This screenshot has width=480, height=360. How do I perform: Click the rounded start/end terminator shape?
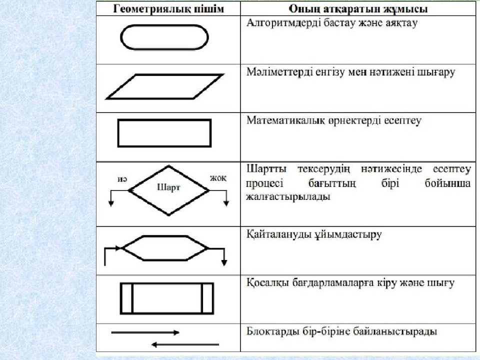click(x=164, y=25)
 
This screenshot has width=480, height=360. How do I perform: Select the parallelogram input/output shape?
click(x=164, y=74)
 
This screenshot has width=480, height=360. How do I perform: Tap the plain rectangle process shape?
click(x=164, y=120)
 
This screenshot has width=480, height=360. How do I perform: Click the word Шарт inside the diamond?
click(x=168, y=187)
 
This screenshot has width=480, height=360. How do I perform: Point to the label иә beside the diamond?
click(x=122, y=179)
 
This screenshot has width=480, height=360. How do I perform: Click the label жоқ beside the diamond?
click(x=218, y=178)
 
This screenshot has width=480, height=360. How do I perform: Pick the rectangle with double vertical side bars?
click(x=167, y=283)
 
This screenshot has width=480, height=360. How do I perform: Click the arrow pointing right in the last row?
click(x=145, y=332)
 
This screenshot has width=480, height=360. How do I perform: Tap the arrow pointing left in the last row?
click(x=185, y=344)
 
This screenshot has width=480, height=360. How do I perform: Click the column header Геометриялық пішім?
click(x=168, y=9)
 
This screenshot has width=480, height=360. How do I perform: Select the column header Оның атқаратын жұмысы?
click(x=358, y=9)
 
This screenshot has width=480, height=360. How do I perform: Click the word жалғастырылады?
click(x=288, y=196)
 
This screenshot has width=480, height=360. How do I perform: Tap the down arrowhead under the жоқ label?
click(x=226, y=203)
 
